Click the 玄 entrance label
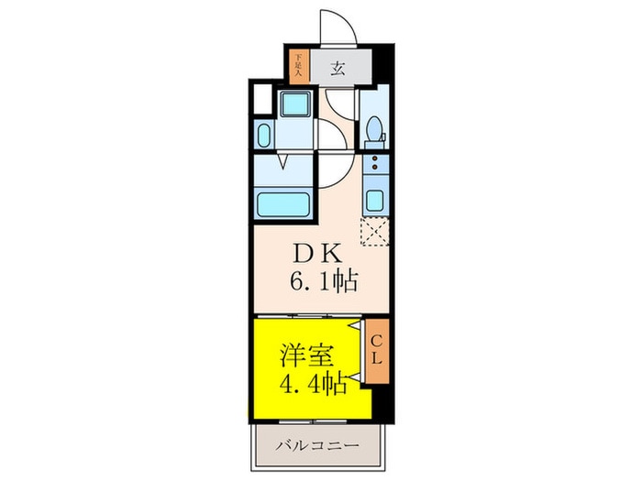pos(337,66)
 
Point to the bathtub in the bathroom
pos(283,201)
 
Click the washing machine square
pos(295,104)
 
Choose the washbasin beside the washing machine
pos(264,136)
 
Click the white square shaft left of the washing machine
pos(261,95)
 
